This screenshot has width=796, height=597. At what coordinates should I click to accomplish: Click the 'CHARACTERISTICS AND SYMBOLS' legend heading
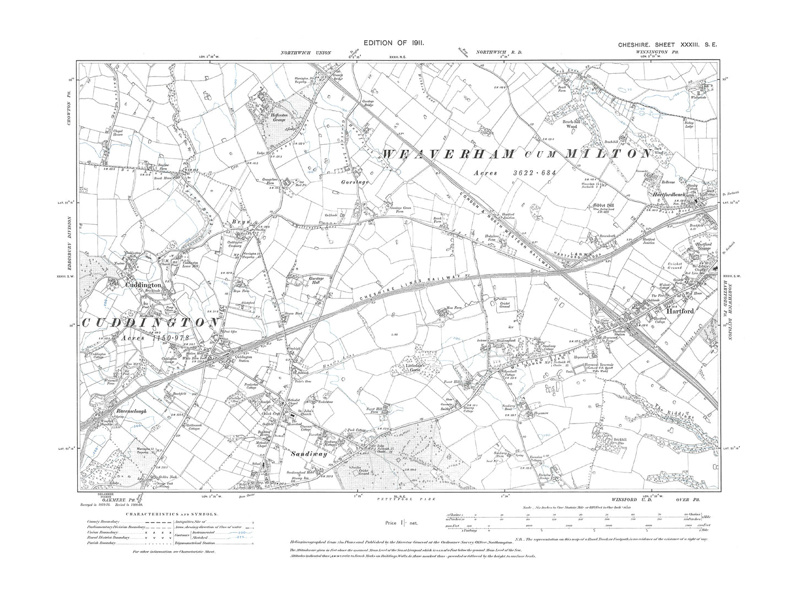pyautogui.click(x=172, y=513)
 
